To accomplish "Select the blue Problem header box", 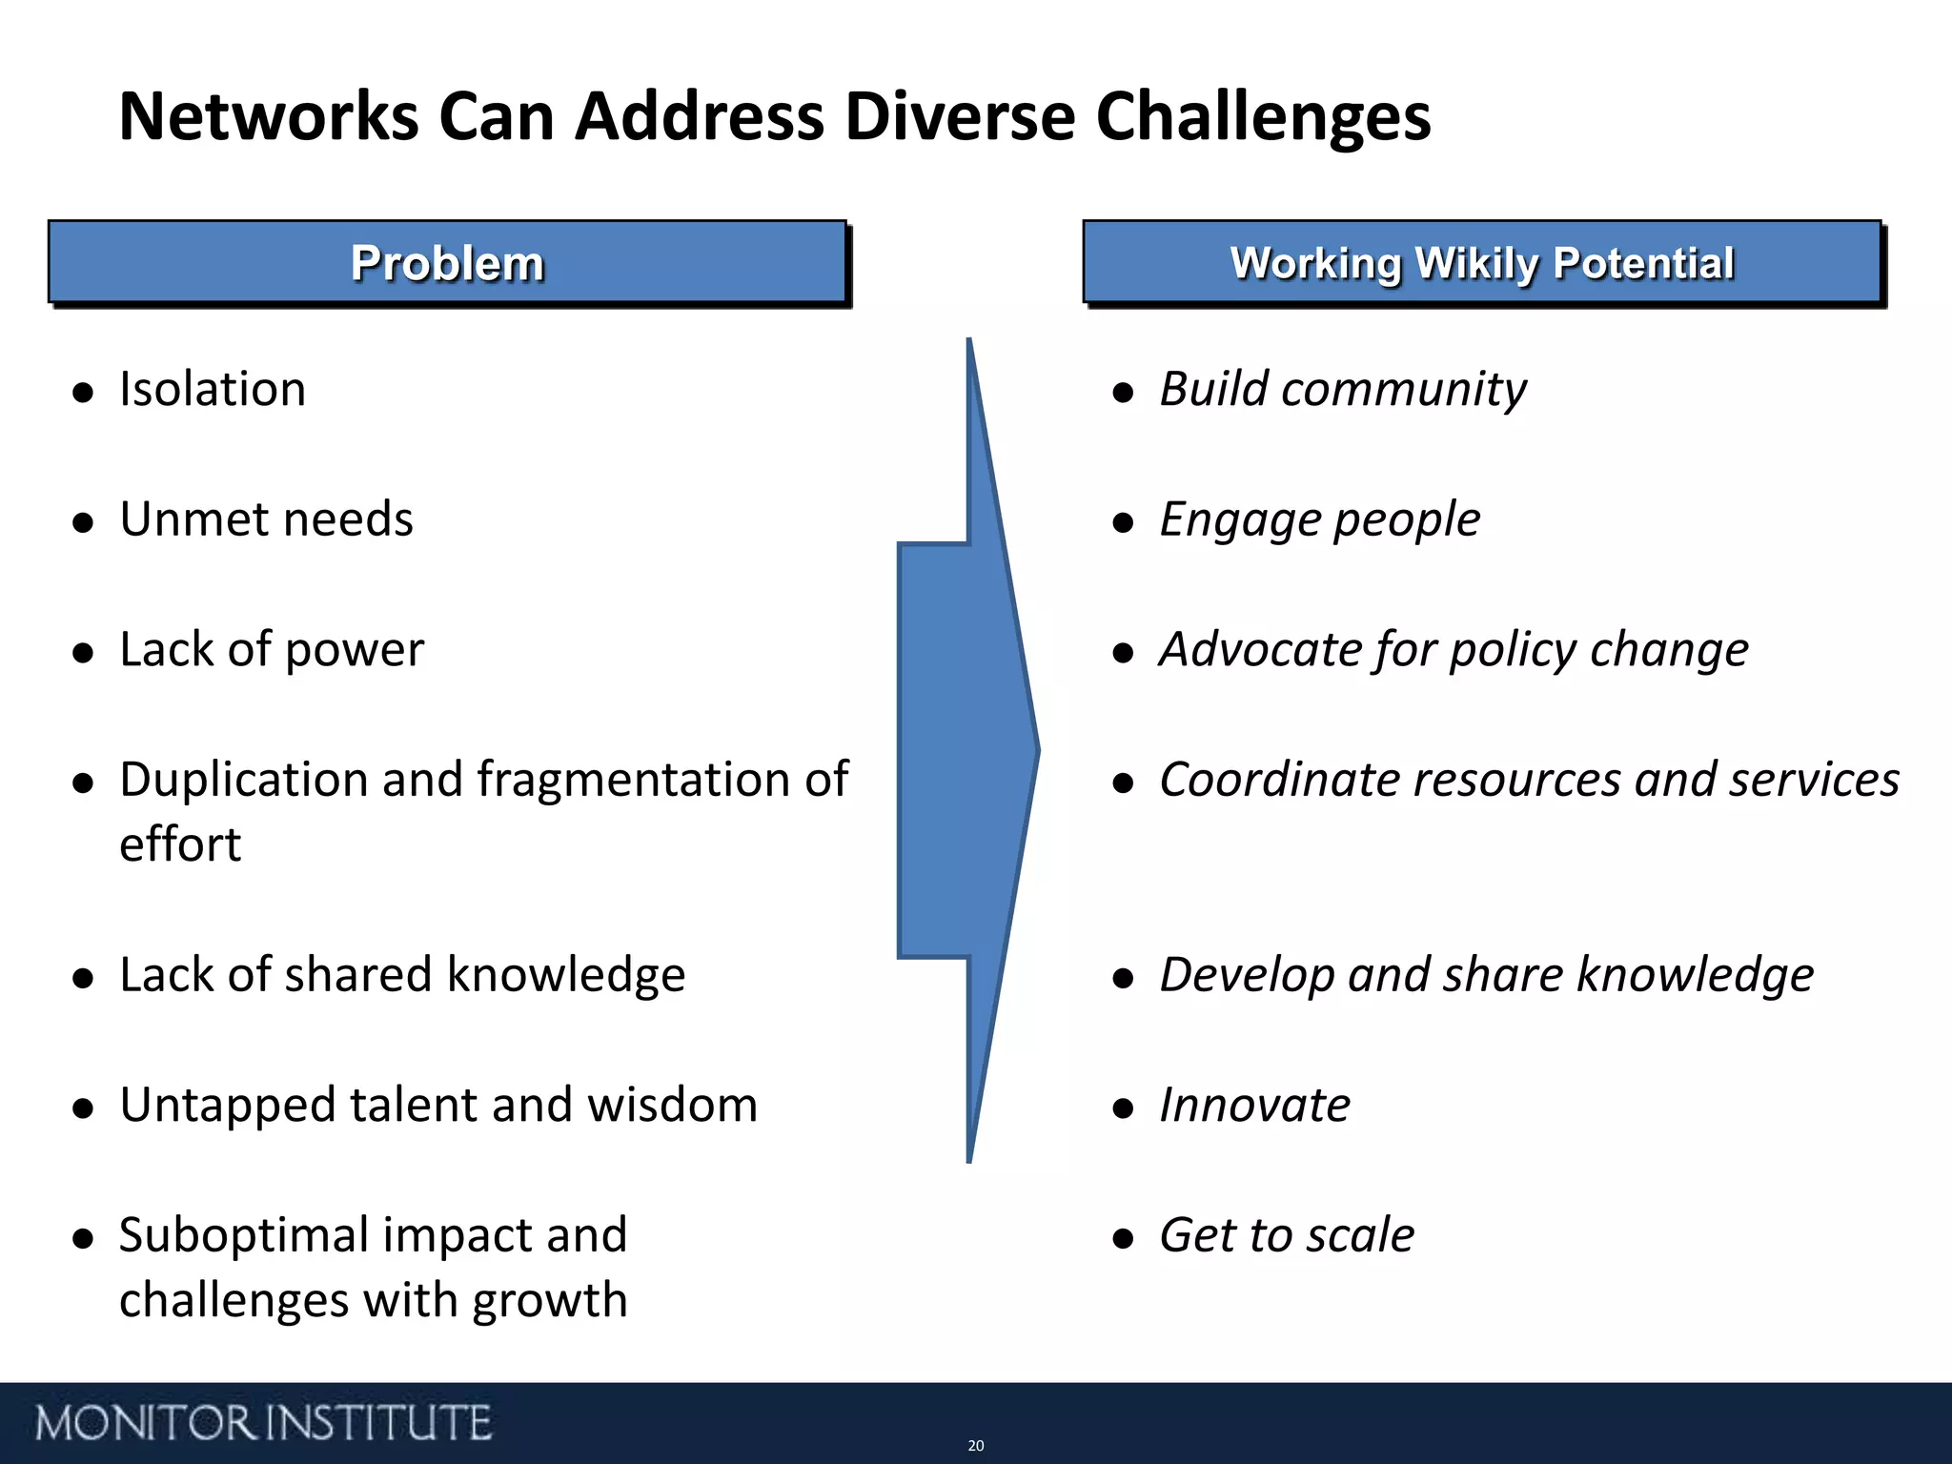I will pos(447,263).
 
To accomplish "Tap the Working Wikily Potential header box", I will pos(1482,263).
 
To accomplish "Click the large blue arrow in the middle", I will pos(967,750).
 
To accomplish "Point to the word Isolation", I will pos(213,389).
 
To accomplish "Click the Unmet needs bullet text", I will pos(266,519).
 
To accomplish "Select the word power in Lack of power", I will pos(354,651).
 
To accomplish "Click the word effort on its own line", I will pos(180,844).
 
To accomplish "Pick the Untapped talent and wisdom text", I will pos(438,1105).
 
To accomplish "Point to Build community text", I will pos(1342,390).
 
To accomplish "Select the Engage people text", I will pos(1319,520).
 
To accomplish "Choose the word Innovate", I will pos(1254,1106).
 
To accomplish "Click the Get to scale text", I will pos(1286,1236).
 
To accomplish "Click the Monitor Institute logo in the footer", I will pos(263,1423).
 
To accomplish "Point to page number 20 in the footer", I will pos(975,1446).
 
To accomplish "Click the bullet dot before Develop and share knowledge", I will pos(1123,978).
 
